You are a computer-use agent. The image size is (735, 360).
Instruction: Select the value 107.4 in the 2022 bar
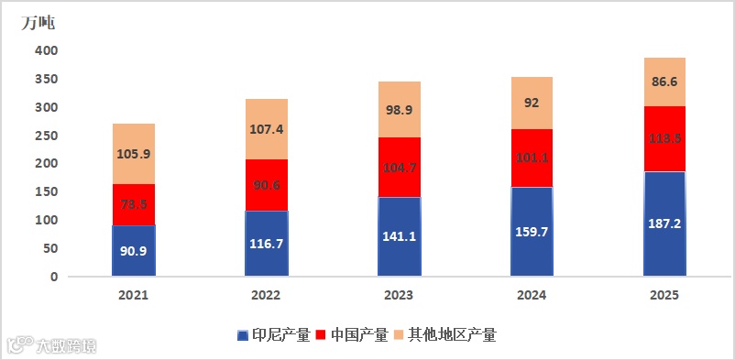[266, 129]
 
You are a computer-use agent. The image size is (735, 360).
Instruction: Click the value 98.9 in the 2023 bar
[399, 109]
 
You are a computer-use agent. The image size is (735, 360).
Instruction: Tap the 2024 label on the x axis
[532, 296]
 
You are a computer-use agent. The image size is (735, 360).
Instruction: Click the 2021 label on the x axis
[134, 296]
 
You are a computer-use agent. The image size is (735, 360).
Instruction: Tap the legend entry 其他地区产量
[445, 334]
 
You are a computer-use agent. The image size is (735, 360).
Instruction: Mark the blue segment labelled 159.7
[532, 231]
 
